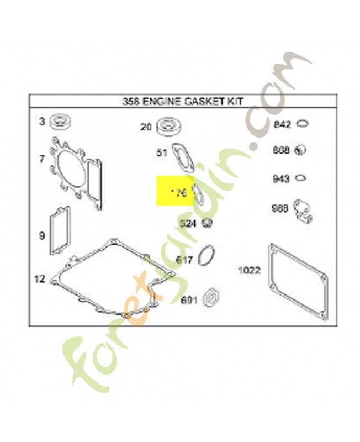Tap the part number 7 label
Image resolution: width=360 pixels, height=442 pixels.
pyautogui.click(x=41, y=159)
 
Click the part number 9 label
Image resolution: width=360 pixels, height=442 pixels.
pyautogui.click(x=41, y=236)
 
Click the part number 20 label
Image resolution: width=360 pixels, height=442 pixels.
pyautogui.click(x=145, y=127)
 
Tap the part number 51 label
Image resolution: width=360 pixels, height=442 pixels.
pyautogui.click(x=161, y=153)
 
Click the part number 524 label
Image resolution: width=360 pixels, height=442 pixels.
pyautogui.click(x=188, y=224)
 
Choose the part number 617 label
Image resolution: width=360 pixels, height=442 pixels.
pyautogui.click(x=184, y=259)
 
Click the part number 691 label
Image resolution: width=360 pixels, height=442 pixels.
pyautogui.click(x=188, y=301)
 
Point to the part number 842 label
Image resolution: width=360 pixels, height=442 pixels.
pyautogui.click(x=282, y=125)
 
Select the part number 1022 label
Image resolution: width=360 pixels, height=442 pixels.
pyautogui.click(x=249, y=270)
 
